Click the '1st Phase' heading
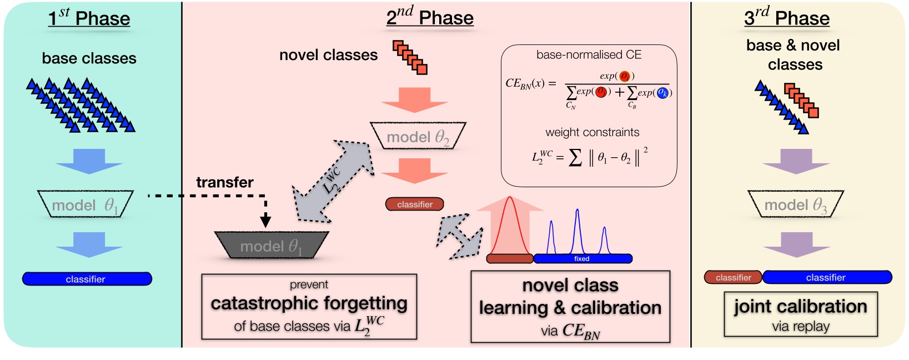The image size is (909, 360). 89,18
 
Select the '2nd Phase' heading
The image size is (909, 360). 430,18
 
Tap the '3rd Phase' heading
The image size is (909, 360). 787,18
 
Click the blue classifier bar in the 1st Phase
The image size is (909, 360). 87,279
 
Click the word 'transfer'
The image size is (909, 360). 224,182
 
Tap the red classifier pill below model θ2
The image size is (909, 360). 414,204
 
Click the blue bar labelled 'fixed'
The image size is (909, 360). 582,258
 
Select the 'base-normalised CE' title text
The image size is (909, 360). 589,55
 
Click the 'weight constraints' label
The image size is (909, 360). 592,132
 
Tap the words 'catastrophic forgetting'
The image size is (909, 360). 309,303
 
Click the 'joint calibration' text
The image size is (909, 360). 800,307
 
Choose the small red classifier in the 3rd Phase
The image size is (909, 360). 733,277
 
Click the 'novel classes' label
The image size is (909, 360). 328,55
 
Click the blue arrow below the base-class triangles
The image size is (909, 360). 89,161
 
